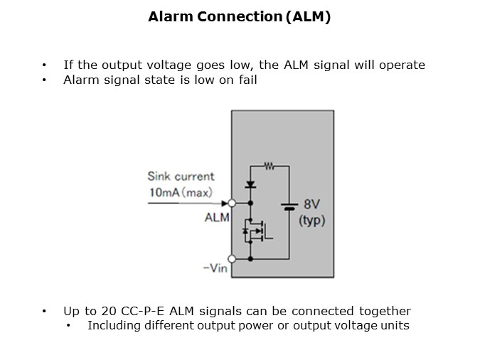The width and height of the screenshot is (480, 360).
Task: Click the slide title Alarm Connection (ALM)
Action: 240,18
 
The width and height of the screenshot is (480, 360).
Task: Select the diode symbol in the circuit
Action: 251,185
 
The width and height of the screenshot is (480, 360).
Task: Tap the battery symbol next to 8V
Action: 289,207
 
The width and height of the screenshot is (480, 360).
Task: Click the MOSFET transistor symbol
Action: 255,231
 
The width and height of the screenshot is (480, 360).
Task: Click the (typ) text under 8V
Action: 312,221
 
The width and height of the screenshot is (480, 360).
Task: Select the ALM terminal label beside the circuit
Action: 217,218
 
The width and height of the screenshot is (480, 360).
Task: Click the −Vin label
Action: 215,270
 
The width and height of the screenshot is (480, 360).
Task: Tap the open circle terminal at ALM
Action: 232,203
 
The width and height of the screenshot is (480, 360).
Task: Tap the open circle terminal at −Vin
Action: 232,259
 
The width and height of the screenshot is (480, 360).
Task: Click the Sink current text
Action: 181,176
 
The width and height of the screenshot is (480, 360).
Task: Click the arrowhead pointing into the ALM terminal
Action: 224,203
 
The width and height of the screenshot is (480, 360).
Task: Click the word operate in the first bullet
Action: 402,65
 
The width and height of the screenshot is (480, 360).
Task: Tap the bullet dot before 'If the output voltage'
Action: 46,65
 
